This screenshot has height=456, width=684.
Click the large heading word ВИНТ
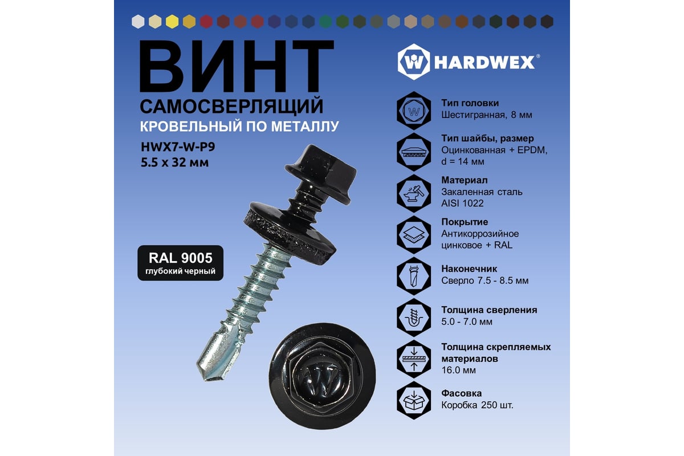click(237, 66)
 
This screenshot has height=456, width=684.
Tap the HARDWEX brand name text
click(484, 63)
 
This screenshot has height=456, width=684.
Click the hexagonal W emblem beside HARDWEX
click(414, 62)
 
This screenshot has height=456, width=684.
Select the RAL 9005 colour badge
click(181, 263)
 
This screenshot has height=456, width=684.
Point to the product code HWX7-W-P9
click(178, 147)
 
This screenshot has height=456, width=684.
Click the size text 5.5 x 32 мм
click(174, 162)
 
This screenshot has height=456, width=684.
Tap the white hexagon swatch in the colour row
click(138, 22)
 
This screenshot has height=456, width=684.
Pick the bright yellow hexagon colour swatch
click(172, 22)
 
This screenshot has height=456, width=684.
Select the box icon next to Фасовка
click(414, 400)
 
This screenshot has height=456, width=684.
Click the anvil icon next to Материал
click(414, 193)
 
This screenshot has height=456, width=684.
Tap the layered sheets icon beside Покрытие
click(414, 235)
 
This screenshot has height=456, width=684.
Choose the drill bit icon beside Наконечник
click(414, 276)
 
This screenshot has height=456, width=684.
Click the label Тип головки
click(470, 103)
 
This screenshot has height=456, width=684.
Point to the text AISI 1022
click(462, 203)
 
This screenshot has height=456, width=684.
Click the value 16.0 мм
click(459, 370)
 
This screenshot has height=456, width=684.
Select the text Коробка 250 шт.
click(477, 405)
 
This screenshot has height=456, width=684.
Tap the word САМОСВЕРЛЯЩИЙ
click(231, 106)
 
